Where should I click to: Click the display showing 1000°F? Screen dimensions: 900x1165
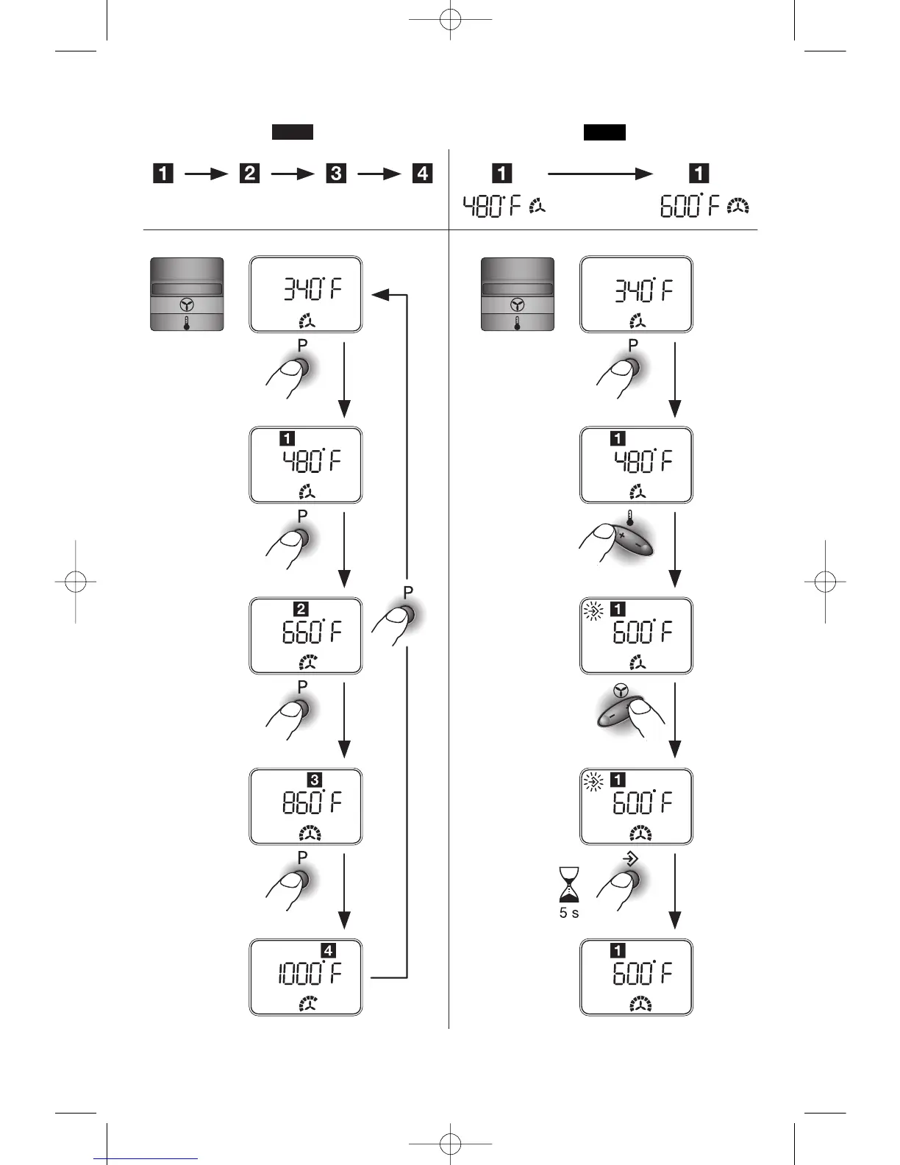[x=306, y=977]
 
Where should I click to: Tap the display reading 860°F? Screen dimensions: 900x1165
[x=306, y=806]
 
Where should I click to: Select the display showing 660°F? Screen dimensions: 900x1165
[x=306, y=635]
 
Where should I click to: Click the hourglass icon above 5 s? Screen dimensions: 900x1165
[x=568, y=885]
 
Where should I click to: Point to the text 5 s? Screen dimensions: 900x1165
[x=568, y=913]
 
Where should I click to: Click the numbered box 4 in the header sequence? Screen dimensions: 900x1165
[x=422, y=173]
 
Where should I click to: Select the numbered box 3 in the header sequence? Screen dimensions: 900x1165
[x=336, y=173]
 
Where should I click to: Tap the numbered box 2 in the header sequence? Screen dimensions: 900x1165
[x=250, y=173]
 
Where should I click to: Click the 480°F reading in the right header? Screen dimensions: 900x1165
[x=492, y=207]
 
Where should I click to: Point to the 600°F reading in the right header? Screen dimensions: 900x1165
[x=690, y=207]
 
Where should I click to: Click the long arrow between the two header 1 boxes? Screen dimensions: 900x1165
[x=600, y=174]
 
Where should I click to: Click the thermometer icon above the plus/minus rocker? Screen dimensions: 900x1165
[x=630, y=518]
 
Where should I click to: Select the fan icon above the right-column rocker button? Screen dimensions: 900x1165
[x=621, y=691]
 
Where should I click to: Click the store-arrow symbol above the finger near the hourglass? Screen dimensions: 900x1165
[x=630, y=860]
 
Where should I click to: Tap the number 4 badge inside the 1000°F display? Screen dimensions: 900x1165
[x=328, y=951]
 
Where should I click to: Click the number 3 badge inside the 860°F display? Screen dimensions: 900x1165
[x=315, y=780]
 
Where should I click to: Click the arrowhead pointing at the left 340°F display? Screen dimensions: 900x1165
[x=379, y=294]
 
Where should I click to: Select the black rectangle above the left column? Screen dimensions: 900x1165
[x=293, y=132]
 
